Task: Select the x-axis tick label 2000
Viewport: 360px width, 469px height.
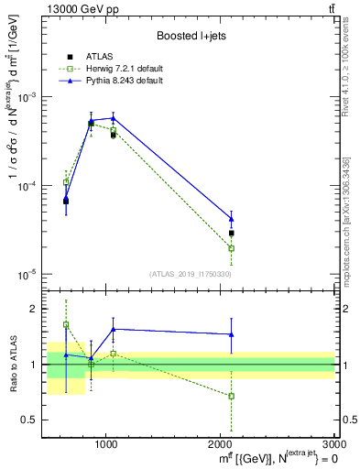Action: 221,443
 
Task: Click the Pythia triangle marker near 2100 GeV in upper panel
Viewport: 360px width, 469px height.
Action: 232,219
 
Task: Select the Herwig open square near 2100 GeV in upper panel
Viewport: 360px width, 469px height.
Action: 232,248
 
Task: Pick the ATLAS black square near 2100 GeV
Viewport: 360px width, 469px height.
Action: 232,233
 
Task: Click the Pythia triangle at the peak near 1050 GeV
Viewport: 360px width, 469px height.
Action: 113,117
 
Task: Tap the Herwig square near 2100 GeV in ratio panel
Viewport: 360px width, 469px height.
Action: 232,397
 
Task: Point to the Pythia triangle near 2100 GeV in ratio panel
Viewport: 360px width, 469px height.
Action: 232,334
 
